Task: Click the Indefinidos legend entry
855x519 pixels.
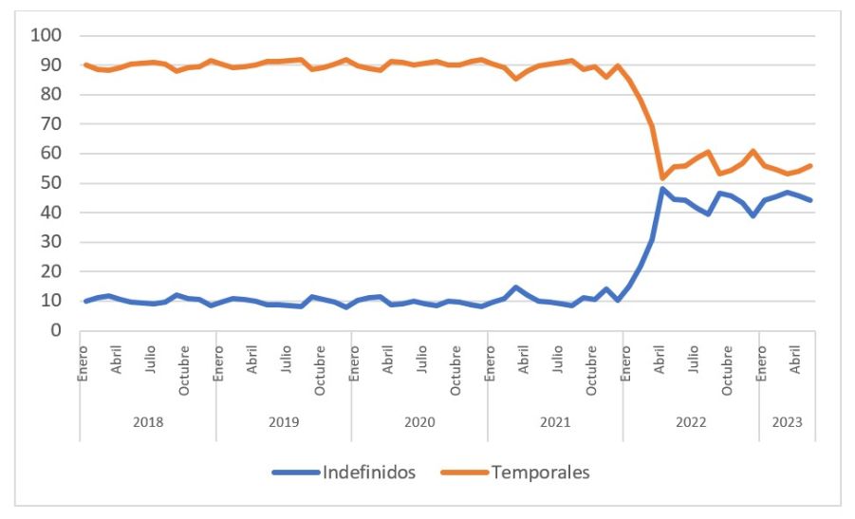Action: (369, 473)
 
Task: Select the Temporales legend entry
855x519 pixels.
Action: (540, 473)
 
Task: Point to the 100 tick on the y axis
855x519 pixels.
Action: (46, 36)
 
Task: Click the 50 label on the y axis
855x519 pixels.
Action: (51, 183)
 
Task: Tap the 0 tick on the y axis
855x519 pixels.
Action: (56, 331)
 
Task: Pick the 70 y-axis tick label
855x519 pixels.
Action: (51, 124)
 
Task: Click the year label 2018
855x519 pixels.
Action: (147, 421)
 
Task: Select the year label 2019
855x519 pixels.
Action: (284, 421)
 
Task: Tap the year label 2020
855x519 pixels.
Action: (419, 421)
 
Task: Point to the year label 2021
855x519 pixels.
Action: (555, 421)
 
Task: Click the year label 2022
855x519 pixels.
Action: (691, 421)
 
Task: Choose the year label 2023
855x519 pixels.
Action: (788, 421)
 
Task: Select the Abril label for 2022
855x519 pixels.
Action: (660, 361)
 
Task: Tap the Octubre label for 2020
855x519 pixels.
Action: (456, 367)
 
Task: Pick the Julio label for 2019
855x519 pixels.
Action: (288, 361)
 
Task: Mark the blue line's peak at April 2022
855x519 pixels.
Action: (662, 189)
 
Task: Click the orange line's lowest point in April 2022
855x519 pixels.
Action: (662, 177)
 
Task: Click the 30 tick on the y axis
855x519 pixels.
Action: (51, 242)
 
